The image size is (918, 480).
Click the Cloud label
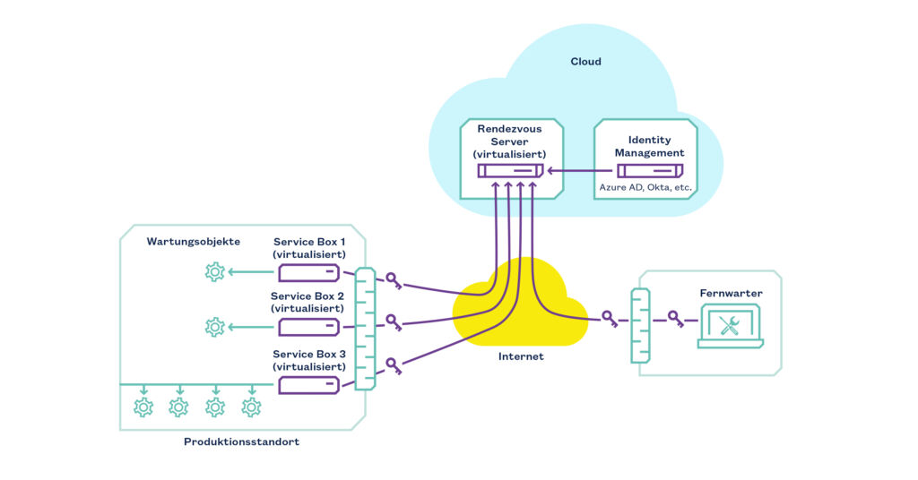point(585,62)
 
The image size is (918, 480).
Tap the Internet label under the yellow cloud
point(521,356)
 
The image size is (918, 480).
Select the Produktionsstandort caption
point(241,442)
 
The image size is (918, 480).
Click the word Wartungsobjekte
point(193,242)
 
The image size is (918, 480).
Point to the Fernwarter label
point(730,293)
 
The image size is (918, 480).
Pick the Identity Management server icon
point(645,170)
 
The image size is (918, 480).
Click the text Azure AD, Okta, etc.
point(645,188)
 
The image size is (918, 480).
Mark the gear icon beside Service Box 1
point(214,272)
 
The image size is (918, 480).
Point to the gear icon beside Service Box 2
point(214,328)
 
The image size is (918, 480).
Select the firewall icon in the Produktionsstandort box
point(365,329)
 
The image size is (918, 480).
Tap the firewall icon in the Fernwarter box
point(640,325)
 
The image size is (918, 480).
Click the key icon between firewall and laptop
point(675,318)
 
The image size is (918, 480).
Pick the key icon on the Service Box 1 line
point(393,281)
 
